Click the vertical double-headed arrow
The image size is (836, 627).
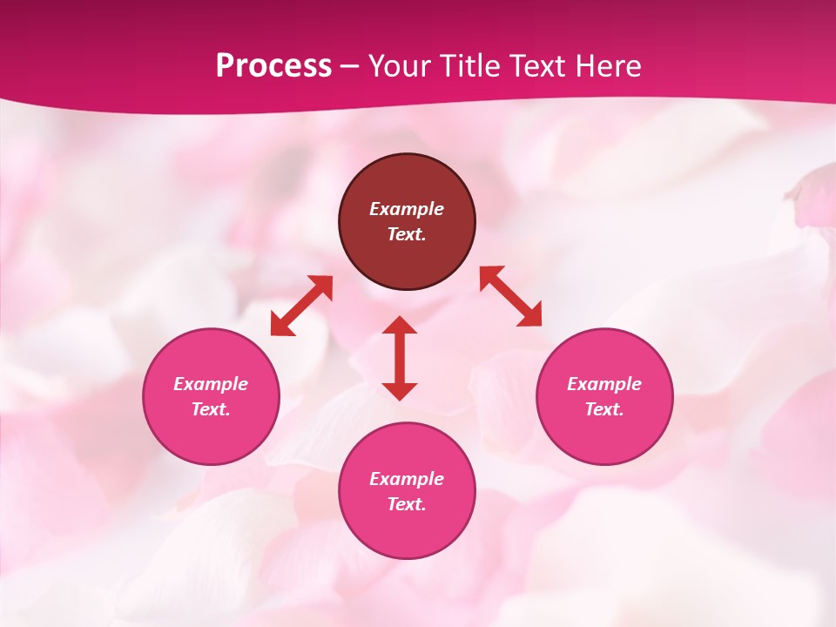click(400, 358)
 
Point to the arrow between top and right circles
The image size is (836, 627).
click(511, 296)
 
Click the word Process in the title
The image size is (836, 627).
click(273, 65)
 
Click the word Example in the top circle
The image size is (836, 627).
click(407, 209)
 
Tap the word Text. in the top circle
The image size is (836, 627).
click(407, 234)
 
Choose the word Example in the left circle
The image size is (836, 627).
click(211, 384)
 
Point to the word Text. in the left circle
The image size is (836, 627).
click(211, 409)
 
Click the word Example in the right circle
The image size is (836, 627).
click(604, 384)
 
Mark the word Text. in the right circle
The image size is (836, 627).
click(604, 409)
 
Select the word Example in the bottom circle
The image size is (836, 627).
click(407, 479)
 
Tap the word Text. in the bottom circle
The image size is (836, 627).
click(407, 504)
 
